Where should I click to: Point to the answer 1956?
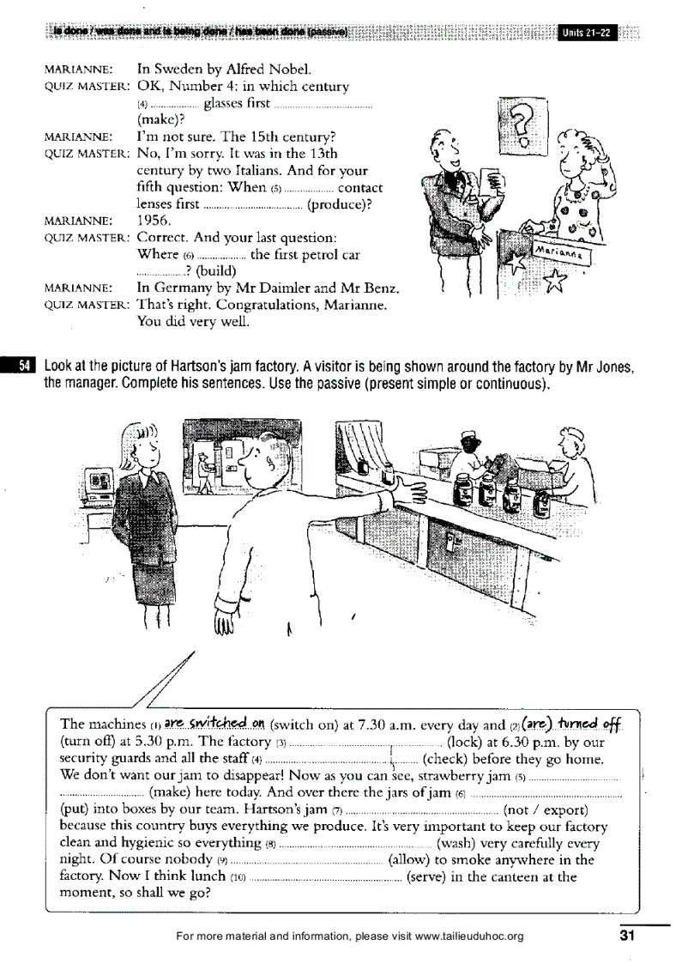click(x=155, y=220)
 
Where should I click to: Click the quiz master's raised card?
click(x=489, y=181)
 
